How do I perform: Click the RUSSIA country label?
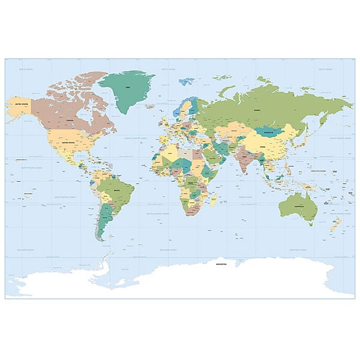click(x=257, y=110)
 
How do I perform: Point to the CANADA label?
click(x=70, y=119)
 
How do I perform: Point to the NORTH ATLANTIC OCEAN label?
click(x=135, y=138)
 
